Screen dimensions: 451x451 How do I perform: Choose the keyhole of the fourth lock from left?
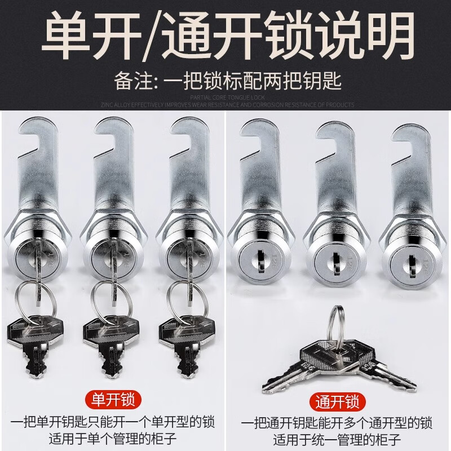(x=255, y=261)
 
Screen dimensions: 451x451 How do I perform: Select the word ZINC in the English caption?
(x=107, y=105)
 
